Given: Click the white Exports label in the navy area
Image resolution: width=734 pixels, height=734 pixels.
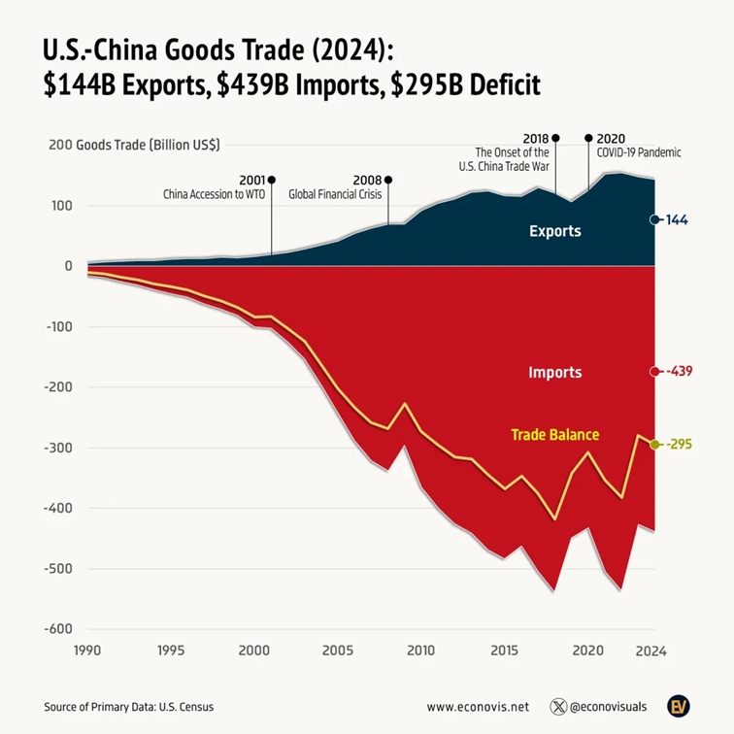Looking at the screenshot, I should (x=555, y=231).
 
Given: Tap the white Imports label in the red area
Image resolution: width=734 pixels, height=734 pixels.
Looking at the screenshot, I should (x=555, y=372).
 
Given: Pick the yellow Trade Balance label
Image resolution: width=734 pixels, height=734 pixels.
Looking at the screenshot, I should (x=554, y=435).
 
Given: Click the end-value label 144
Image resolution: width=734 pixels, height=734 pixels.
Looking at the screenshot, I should (x=677, y=220).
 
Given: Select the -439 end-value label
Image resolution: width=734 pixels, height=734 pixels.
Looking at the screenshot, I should (x=680, y=371).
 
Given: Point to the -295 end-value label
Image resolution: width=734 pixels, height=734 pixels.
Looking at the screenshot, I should (x=680, y=444).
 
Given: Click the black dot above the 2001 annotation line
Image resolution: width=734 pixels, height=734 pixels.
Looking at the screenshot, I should (x=271, y=180).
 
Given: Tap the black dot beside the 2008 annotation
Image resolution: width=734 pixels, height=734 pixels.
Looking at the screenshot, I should (x=388, y=180).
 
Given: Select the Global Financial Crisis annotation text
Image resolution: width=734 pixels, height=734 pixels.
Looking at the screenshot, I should (x=337, y=194).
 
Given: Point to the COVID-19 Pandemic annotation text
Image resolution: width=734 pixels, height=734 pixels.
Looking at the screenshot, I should (x=639, y=152).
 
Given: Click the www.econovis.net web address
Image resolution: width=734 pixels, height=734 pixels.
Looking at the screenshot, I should (x=477, y=707).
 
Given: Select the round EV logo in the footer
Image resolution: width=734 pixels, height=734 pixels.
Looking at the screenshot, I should (x=680, y=706).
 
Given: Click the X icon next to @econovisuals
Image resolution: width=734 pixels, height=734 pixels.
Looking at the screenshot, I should (x=558, y=707).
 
